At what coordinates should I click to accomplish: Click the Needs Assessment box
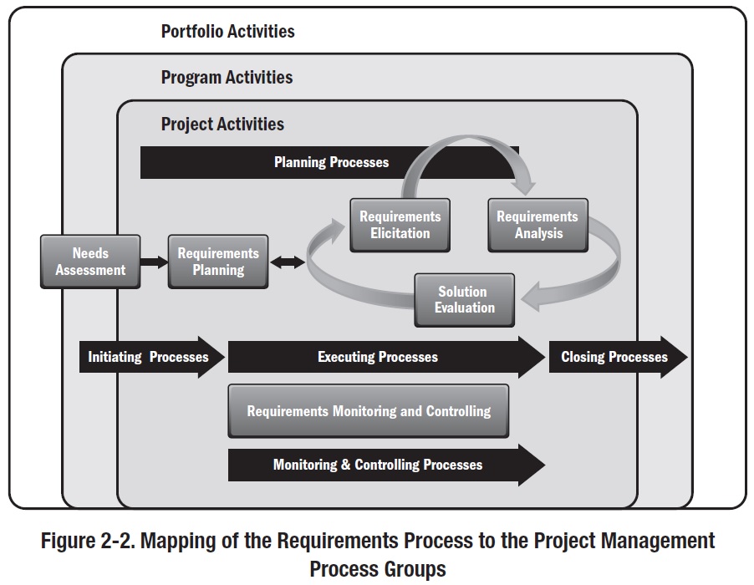click(90, 262)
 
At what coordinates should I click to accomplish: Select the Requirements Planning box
click(218, 262)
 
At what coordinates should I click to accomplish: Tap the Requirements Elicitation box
click(400, 225)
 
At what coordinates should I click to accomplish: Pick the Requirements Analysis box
click(537, 225)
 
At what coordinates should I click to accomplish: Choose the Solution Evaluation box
click(465, 299)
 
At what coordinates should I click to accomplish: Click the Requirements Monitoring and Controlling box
click(369, 410)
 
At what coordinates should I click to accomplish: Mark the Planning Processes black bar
click(331, 162)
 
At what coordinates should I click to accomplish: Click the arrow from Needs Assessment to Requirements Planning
click(155, 262)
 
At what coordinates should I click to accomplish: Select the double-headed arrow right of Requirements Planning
click(288, 262)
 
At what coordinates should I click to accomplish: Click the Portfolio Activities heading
click(227, 32)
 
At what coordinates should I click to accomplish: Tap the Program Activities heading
click(227, 78)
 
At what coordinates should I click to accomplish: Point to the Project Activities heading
click(222, 125)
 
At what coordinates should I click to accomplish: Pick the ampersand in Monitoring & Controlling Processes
click(345, 465)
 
